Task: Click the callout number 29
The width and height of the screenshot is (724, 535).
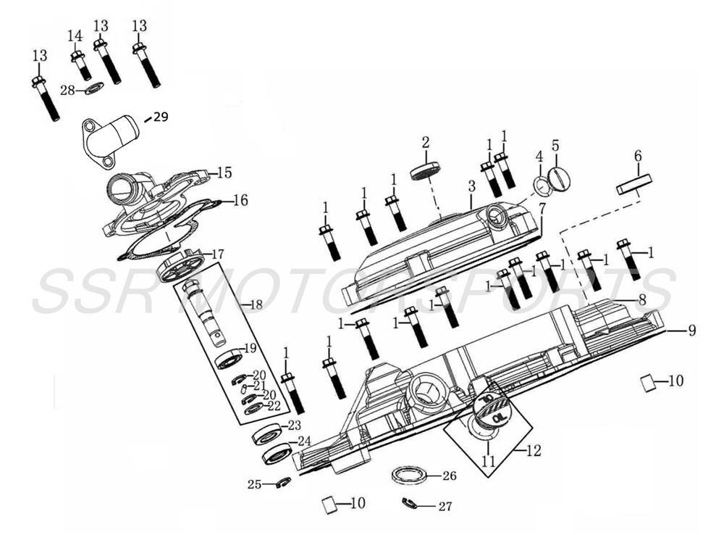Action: click(x=160, y=117)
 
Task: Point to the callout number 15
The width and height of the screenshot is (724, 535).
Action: click(x=224, y=173)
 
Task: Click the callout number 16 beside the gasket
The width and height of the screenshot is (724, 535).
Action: click(x=240, y=200)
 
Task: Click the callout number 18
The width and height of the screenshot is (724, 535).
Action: click(x=256, y=305)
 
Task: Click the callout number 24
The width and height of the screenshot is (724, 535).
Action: click(x=304, y=441)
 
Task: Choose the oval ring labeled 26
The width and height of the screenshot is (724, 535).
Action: click(x=409, y=476)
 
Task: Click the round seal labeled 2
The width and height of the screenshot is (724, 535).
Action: click(x=425, y=171)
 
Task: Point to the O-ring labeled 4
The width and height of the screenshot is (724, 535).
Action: click(x=541, y=186)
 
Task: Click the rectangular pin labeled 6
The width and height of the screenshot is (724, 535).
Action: click(x=635, y=185)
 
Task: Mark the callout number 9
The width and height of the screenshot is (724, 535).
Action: click(x=691, y=331)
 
